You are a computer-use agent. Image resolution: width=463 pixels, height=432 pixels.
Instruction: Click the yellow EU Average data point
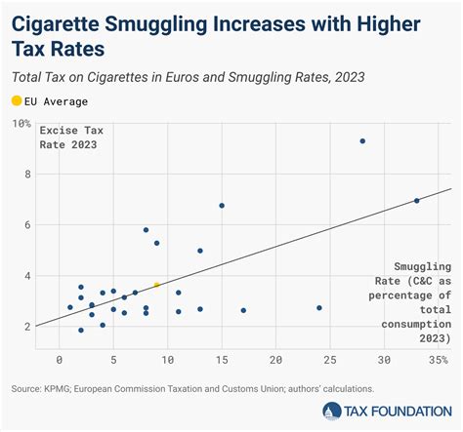click(x=156, y=285)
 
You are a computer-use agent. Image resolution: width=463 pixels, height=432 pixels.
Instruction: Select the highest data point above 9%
click(x=362, y=140)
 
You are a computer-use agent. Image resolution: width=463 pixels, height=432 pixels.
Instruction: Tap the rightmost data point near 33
click(x=417, y=201)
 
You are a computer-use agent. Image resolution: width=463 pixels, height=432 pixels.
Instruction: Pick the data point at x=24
click(x=319, y=308)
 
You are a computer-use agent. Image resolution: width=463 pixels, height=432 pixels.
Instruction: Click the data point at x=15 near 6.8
click(x=222, y=206)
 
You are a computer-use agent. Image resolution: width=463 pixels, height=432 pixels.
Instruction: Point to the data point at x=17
click(x=243, y=310)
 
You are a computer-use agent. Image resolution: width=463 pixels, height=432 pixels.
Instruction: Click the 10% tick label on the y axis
click(x=21, y=124)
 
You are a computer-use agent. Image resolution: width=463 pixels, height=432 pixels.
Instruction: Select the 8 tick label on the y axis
click(x=25, y=175)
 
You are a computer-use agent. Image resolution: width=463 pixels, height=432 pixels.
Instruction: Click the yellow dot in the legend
click(x=16, y=99)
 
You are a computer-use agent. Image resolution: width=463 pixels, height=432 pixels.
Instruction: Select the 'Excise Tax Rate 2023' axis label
click(x=73, y=137)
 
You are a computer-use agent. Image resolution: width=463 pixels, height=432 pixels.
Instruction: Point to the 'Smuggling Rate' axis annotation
click(x=421, y=301)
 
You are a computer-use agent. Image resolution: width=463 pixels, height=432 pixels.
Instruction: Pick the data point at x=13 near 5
click(x=200, y=251)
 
